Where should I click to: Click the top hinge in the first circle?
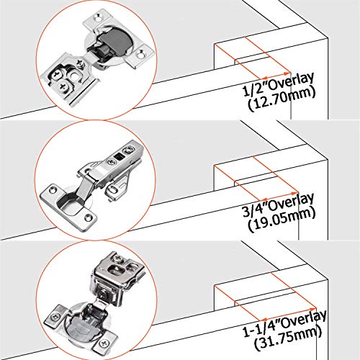coord(94,58)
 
